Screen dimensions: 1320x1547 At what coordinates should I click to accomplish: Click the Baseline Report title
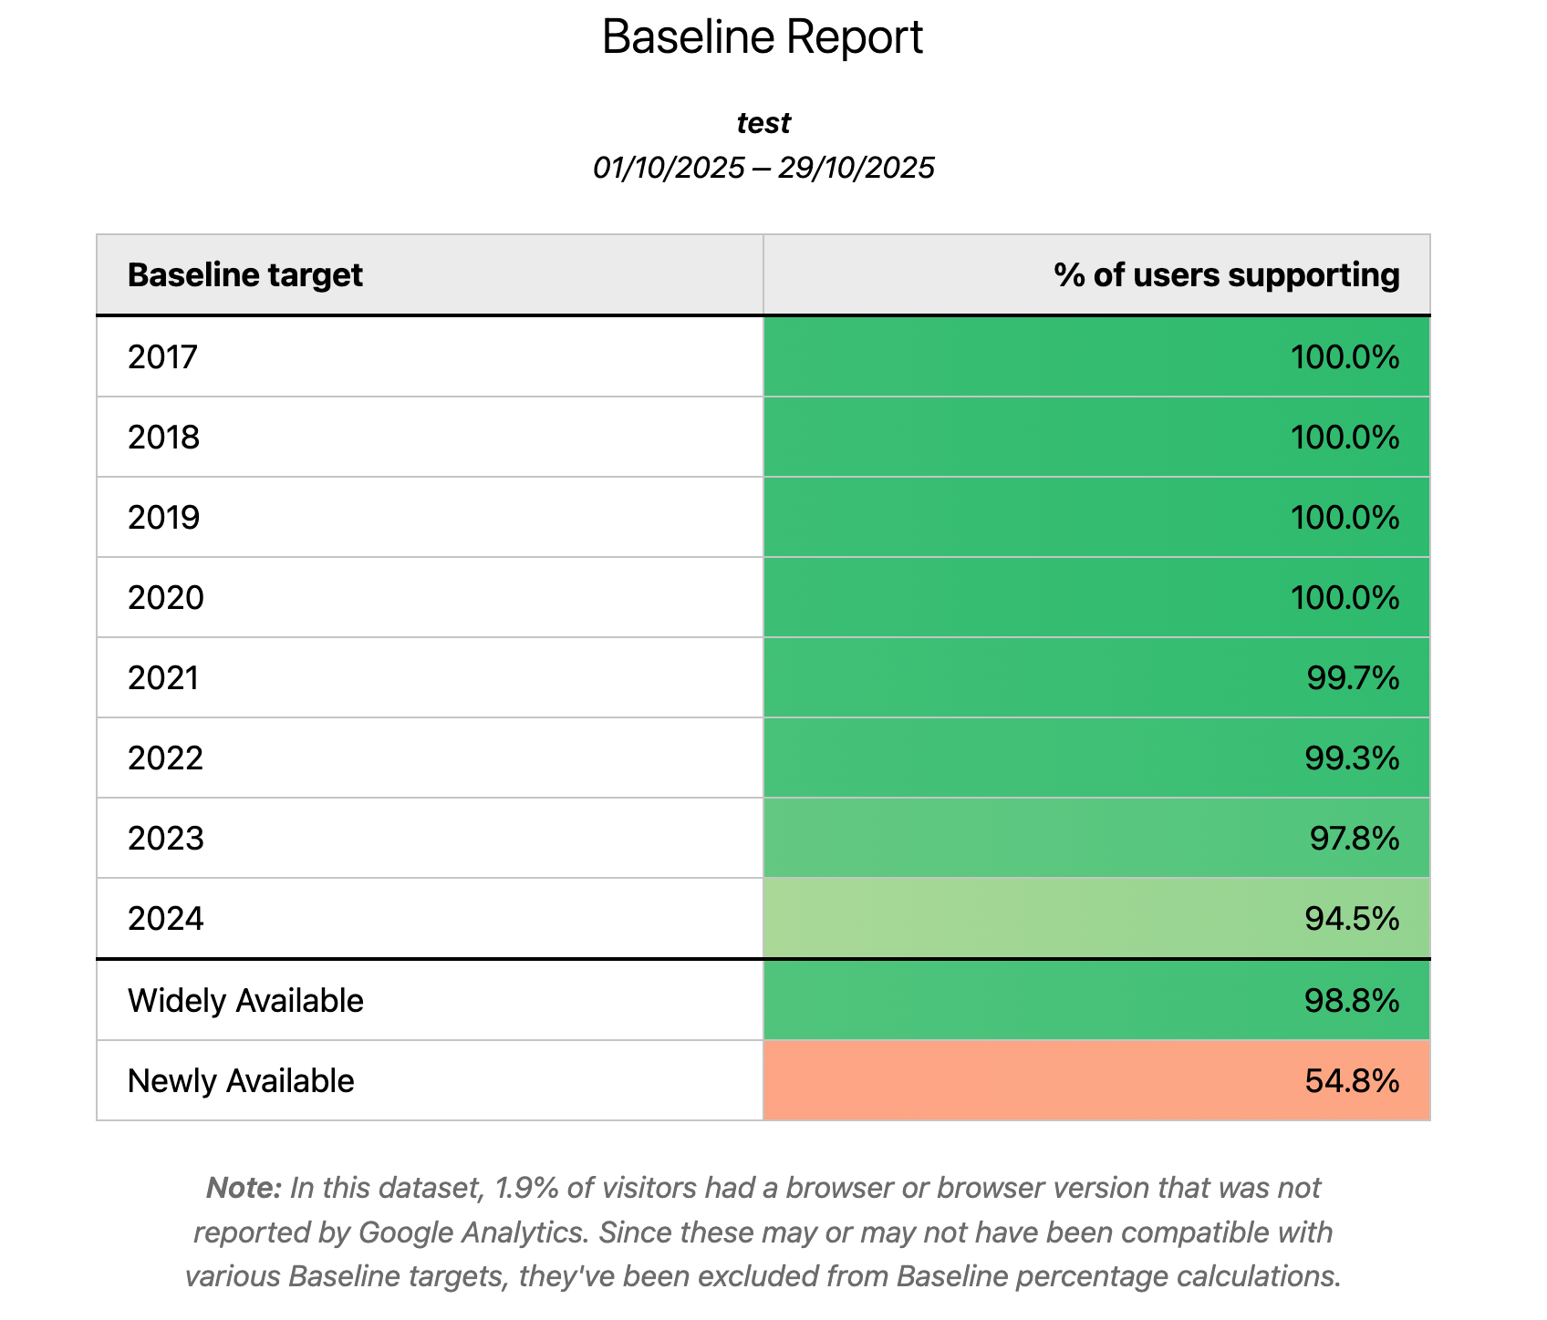tap(763, 38)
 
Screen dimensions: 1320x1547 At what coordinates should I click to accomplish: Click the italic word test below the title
tap(763, 122)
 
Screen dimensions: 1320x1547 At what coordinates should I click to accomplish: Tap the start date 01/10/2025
tap(669, 168)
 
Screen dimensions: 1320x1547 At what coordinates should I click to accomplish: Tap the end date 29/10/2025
tap(857, 168)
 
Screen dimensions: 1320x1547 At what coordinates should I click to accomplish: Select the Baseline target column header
tap(244, 274)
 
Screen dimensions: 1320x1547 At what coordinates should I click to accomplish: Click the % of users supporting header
tap(1226, 274)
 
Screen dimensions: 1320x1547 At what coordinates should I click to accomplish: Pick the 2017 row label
tap(162, 357)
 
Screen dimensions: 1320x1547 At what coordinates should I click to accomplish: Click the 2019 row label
tap(163, 518)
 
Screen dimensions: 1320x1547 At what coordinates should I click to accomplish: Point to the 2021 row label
tap(162, 678)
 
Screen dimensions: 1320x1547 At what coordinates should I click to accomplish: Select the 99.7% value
tap(1352, 678)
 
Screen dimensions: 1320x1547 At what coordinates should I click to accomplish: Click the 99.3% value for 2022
tap(1351, 758)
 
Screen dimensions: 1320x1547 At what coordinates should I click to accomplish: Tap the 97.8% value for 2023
tap(1354, 839)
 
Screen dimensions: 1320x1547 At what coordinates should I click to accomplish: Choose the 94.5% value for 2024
tap(1351, 919)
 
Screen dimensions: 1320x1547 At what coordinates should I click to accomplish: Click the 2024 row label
tap(165, 919)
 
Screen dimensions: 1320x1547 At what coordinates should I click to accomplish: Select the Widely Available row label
tap(245, 1001)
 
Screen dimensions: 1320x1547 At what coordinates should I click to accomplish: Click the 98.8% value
tap(1351, 1001)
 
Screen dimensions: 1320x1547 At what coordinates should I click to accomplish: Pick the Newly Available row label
tap(241, 1081)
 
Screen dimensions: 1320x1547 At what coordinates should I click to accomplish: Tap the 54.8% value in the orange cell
tap(1351, 1081)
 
